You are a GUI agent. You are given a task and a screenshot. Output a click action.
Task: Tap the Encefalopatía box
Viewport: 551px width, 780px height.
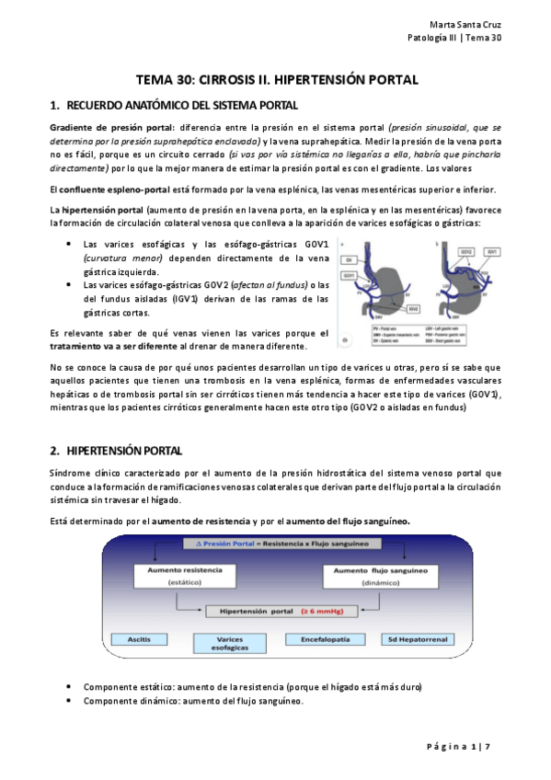[x=321, y=637]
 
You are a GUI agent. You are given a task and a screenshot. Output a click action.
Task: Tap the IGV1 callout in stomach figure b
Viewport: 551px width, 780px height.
[x=495, y=251]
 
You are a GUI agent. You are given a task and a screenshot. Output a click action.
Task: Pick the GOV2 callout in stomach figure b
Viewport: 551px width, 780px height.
[x=466, y=251]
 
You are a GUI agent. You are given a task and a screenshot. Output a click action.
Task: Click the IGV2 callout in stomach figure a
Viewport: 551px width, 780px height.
[x=414, y=309]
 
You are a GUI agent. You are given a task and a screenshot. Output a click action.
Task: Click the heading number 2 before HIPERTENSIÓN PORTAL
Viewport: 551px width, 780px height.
[x=53, y=451]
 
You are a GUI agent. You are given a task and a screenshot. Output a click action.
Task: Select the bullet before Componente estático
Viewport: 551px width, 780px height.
[x=71, y=687]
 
